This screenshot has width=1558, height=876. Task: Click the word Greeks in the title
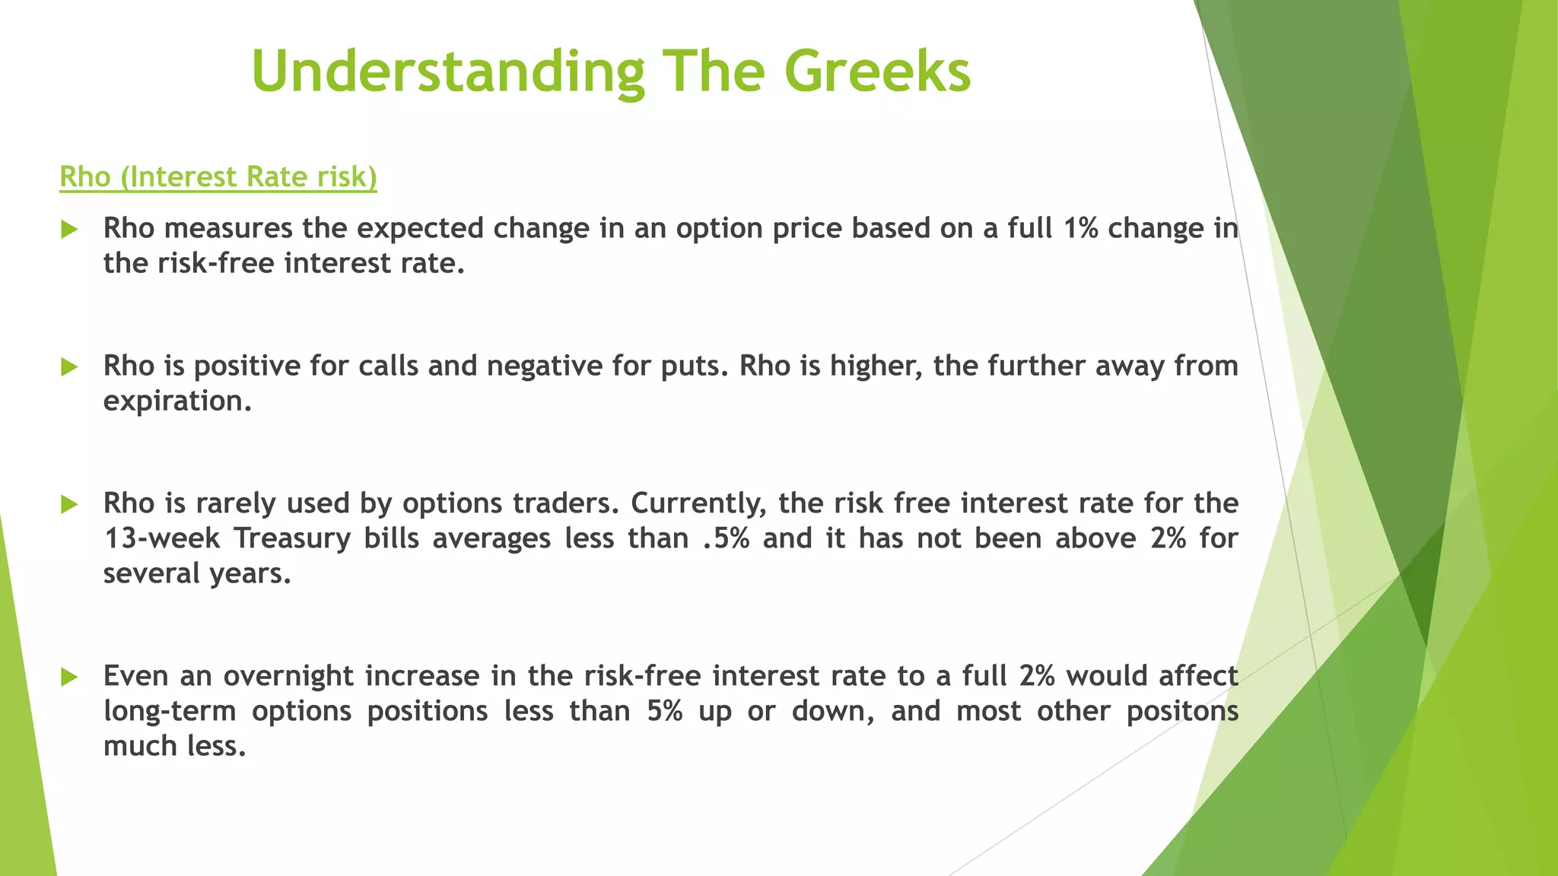tap(877, 71)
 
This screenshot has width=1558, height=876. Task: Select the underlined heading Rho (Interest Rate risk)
tap(218, 176)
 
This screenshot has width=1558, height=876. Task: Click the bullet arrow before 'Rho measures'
tap(69, 229)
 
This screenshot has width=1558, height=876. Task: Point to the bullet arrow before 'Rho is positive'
tap(69, 367)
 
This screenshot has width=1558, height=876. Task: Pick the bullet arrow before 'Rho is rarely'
tap(69, 503)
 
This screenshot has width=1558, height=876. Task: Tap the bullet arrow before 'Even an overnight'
tap(69, 676)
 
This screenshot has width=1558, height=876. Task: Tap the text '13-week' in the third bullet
tap(161, 538)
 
